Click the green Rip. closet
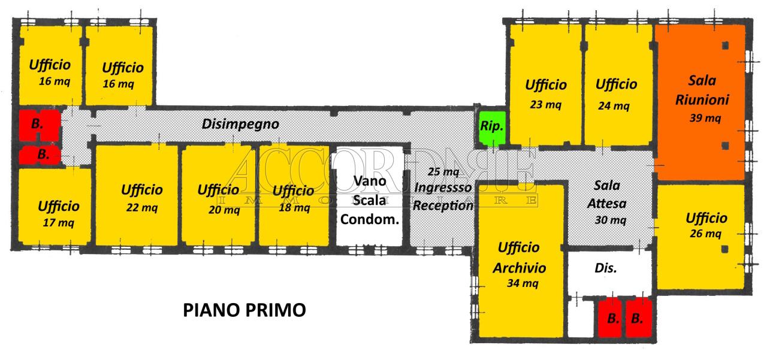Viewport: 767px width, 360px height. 492,127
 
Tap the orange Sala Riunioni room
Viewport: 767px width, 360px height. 700,102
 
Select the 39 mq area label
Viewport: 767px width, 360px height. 705,118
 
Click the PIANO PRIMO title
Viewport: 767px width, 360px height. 244,310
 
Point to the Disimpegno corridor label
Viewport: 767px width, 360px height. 240,124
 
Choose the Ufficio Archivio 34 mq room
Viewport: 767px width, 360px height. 521,261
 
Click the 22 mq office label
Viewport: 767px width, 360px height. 142,207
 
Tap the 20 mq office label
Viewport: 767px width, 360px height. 224,210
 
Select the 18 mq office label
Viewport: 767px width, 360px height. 294,207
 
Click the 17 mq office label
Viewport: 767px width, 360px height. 58,223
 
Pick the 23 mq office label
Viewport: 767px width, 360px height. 545,104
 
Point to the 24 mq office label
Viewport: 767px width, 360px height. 614,106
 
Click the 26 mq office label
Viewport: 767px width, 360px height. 705,234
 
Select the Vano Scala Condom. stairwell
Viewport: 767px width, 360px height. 369,196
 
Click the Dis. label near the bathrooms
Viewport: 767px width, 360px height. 606,268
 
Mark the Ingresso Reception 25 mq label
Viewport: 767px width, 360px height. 443,189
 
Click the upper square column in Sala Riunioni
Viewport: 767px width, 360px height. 725,46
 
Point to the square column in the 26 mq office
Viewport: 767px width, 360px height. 725,249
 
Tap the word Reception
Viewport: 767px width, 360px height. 443,205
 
